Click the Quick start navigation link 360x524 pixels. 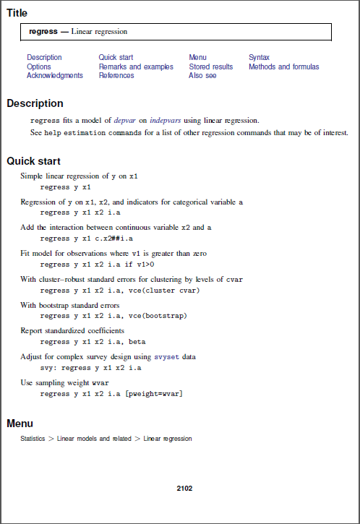pos(116,58)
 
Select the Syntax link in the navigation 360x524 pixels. pos(260,58)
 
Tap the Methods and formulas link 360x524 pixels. pos(283,66)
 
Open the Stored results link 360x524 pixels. pos(210,66)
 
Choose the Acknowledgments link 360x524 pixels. pos(55,75)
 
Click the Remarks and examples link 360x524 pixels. pos(136,66)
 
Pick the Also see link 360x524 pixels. pos(202,75)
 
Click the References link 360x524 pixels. pos(116,75)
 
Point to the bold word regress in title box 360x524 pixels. pos(43,32)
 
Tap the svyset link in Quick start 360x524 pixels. pos(166,357)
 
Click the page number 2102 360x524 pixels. pos(184,489)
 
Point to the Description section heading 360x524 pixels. pos(35,103)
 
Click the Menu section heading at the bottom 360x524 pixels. pos(20,424)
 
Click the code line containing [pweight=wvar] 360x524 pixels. pos(111,394)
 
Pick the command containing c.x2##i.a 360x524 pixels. pos(87,238)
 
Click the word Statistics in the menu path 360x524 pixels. pos(35,439)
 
